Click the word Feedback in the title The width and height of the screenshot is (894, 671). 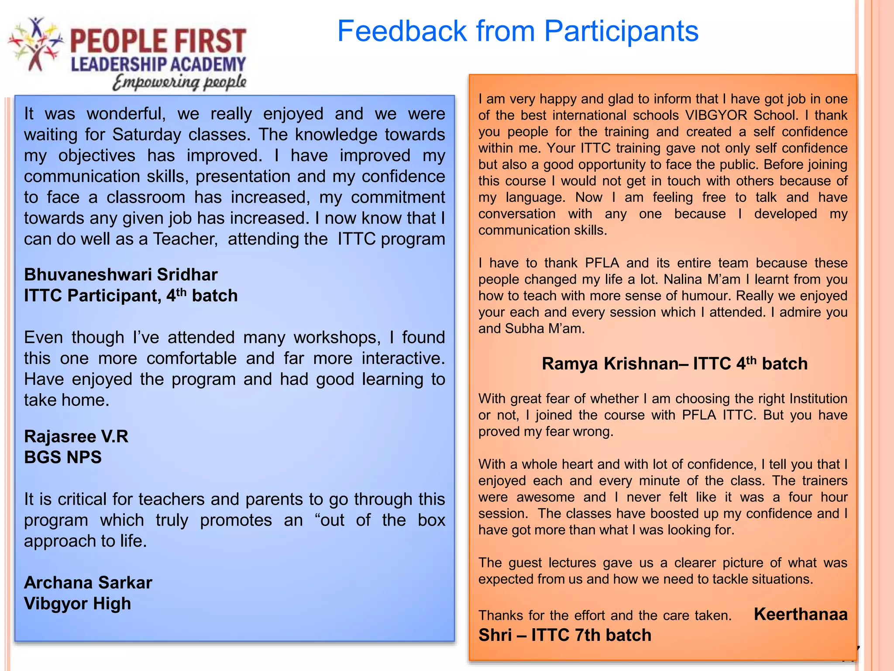402,31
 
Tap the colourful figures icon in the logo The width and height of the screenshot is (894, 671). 35,44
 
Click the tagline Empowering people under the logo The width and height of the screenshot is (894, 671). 179,82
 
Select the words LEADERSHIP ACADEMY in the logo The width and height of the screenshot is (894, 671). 158,65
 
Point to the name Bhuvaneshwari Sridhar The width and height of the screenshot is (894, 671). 121,275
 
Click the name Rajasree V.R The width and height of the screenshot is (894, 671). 76,436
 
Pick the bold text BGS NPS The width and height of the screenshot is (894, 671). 63,457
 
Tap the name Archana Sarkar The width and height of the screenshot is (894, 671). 88,583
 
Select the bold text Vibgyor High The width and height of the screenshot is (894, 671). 78,604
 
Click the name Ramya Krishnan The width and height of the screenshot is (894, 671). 613,363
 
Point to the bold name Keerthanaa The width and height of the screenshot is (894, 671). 801,614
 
